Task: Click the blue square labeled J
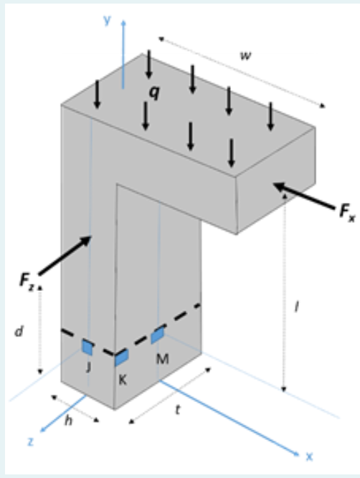pyautogui.click(x=87, y=348)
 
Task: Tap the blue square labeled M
pyautogui.click(x=158, y=335)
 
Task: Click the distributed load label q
pyautogui.click(x=151, y=92)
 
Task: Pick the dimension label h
pyautogui.click(x=69, y=421)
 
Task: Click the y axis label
pyautogui.click(x=107, y=20)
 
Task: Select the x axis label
pyautogui.click(x=311, y=455)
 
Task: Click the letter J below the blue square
pyautogui.click(x=88, y=367)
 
